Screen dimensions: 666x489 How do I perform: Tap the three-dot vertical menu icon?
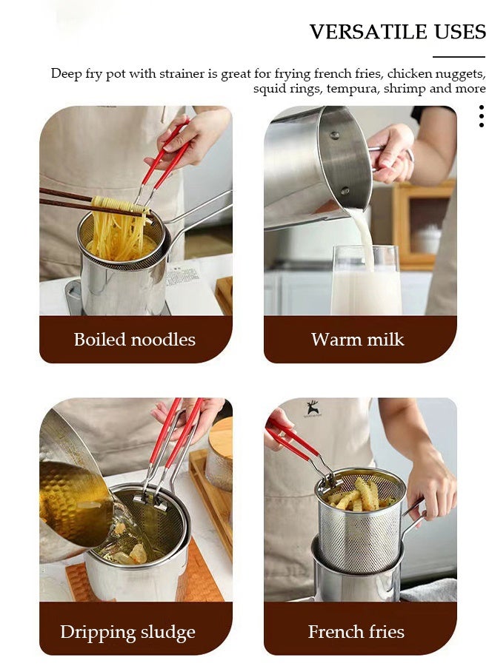481,116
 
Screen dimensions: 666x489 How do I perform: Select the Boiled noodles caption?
135,340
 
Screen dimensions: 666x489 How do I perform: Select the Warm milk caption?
358,340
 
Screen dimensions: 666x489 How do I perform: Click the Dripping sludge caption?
127,633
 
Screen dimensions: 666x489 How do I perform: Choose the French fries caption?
356,632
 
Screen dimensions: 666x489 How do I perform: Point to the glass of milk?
366,285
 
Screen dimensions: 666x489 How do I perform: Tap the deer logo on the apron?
313,408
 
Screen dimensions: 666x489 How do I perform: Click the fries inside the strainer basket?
359,494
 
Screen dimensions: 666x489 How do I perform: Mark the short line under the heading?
459,56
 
